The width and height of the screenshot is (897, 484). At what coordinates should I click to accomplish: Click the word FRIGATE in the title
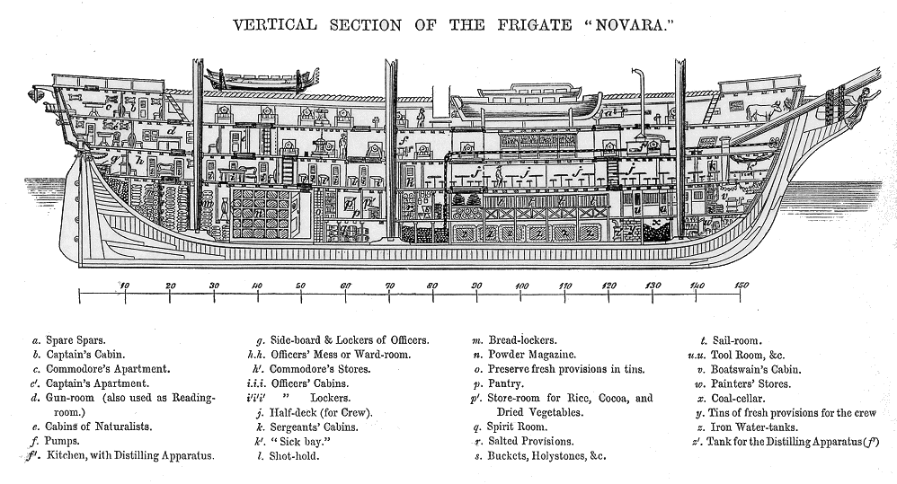[x=534, y=25]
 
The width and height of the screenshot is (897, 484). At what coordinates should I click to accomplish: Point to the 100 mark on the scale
[x=521, y=286]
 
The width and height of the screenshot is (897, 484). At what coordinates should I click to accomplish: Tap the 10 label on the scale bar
[x=124, y=286]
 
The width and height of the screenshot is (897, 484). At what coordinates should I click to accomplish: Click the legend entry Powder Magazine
[x=532, y=355]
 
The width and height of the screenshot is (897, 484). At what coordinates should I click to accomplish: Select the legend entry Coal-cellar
[x=738, y=399]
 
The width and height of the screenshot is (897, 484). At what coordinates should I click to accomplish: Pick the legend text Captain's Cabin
[x=85, y=355]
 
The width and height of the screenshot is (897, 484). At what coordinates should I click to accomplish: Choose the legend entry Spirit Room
[x=517, y=427]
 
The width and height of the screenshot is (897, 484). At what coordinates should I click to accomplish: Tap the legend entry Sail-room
[x=737, y=341]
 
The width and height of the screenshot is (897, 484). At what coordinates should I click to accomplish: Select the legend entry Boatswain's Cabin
[x=756, y=370]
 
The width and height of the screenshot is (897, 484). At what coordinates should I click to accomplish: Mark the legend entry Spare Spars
[x=75, y=341]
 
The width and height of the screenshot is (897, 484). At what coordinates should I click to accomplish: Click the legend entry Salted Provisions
[x=531, y=441]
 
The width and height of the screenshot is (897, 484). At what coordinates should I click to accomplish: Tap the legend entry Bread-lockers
[x=522, y=341]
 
